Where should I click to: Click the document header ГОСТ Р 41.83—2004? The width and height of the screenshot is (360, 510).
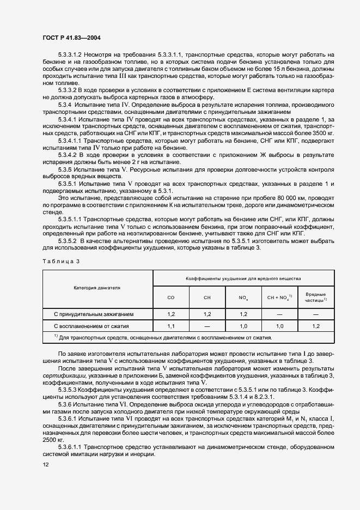70,38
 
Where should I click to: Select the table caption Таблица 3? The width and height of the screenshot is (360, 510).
61,262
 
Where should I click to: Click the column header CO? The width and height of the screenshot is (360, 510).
171,297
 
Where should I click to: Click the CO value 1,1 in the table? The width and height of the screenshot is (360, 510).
171,326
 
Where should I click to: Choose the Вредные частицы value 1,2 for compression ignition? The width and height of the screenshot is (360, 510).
316,326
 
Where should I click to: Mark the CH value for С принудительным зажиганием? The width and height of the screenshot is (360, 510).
207,314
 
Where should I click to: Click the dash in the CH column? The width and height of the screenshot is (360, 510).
207,326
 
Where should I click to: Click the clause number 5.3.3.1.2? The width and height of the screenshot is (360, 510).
70,54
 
